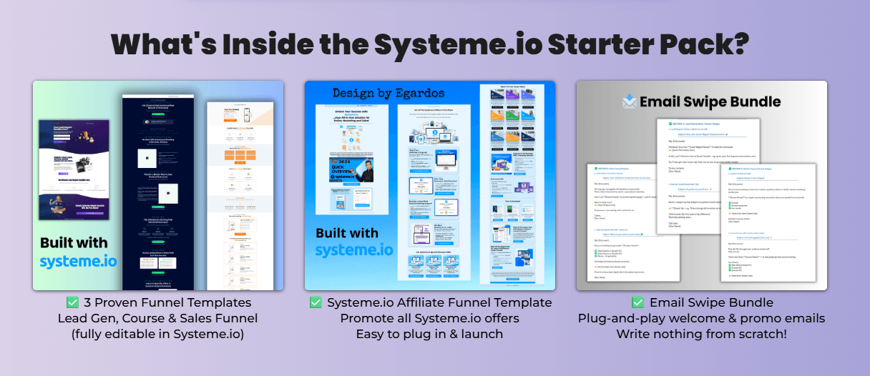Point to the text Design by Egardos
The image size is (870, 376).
click(x=388, y=93)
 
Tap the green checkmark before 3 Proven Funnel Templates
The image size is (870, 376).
click(x=72, y=303)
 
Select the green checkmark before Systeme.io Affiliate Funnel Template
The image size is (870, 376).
click(x=316, y=303)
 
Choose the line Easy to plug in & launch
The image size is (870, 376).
click(x=429, y=333)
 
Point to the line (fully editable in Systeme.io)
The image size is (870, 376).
click(x=157, y=333)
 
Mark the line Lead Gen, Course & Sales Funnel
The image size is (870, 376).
click(x=157, y=318)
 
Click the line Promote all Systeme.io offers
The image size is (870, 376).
click(x=429, y=318)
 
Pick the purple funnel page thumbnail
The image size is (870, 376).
click(x=75, y=169)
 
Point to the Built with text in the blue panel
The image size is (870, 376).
click(x=347, y=233)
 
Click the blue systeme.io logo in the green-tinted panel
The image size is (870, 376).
click(x=79, y=261)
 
